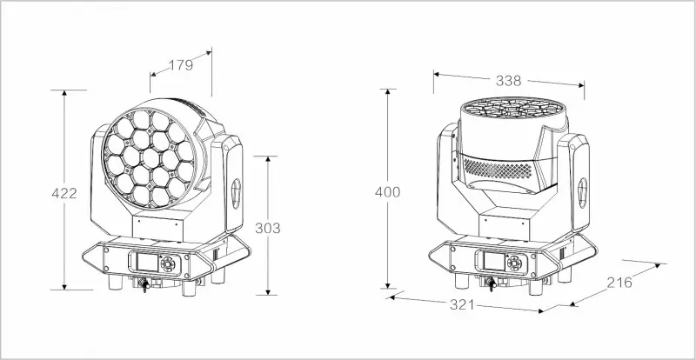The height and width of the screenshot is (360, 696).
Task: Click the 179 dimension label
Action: point(180,63)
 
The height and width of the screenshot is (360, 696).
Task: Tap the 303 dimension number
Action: point(268,228)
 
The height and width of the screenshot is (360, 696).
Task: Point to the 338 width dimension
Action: point(508,80)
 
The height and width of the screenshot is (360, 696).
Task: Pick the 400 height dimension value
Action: point(386,191)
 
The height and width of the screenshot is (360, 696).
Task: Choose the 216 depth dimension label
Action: point(619,283)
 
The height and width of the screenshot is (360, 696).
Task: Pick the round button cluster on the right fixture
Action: point(512,261)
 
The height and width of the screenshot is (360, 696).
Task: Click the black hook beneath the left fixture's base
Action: point(139,284)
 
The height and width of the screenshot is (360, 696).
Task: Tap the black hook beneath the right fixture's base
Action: point(492,283)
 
